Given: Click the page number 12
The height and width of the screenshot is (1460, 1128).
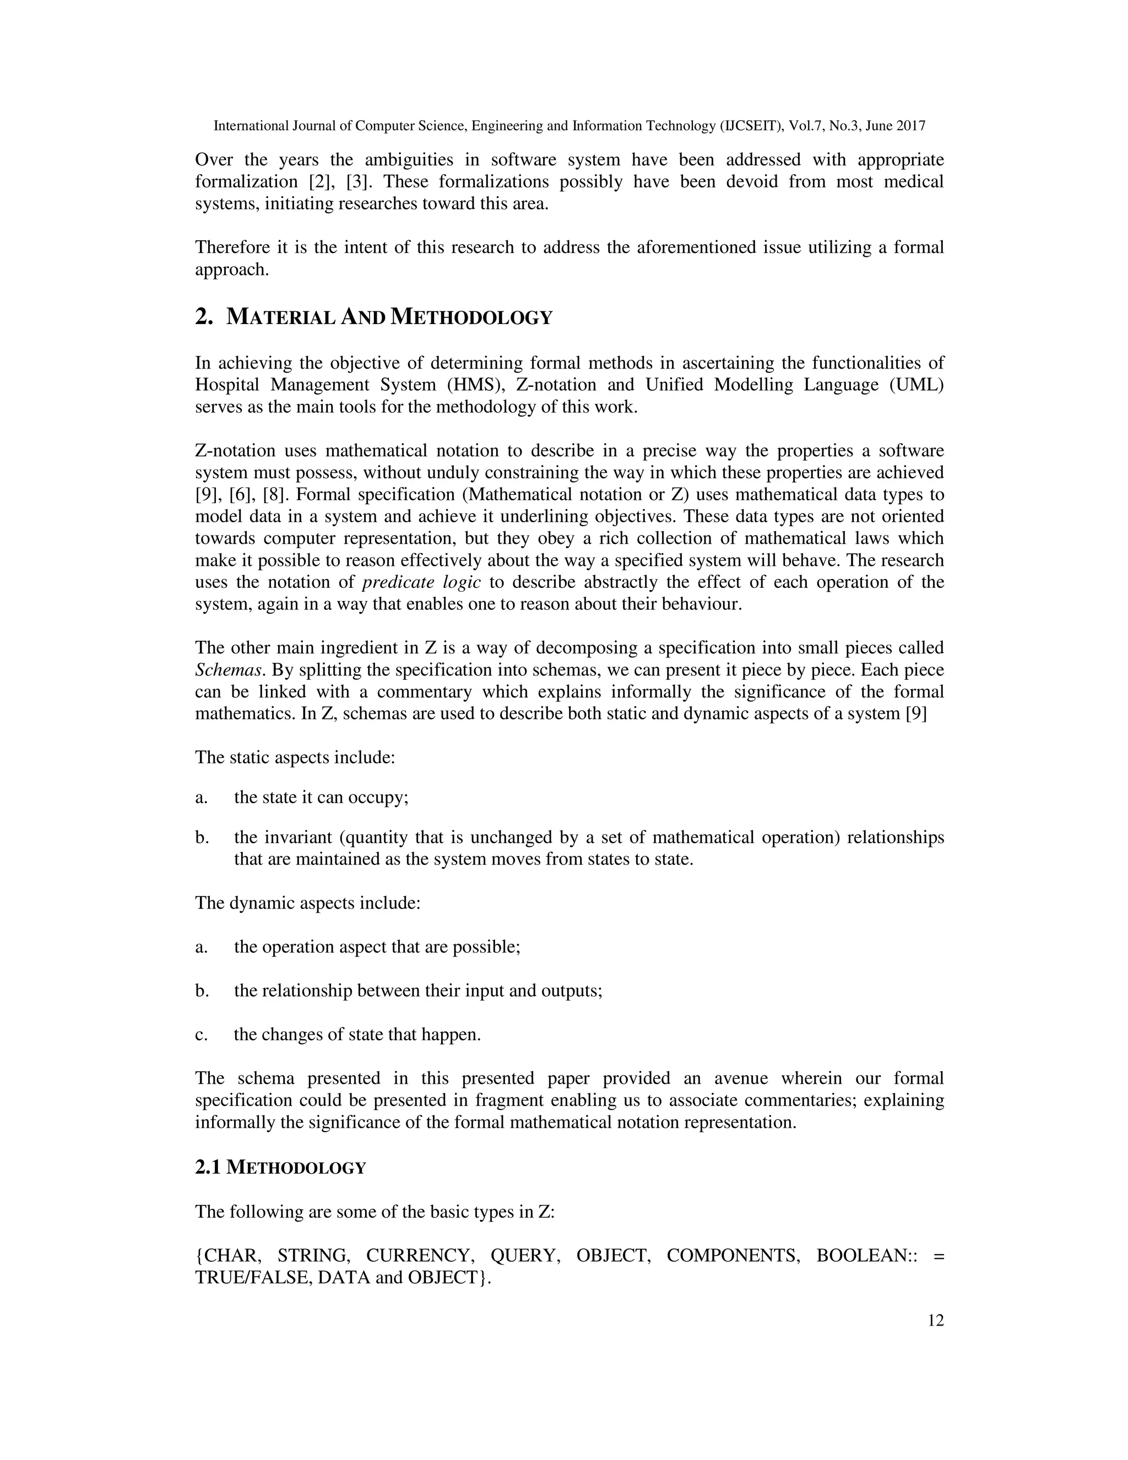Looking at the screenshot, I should [936, 1320].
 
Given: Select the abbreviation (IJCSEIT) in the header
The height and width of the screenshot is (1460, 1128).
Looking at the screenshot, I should [751, 126].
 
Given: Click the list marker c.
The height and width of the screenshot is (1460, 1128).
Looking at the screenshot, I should [200, 1035].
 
